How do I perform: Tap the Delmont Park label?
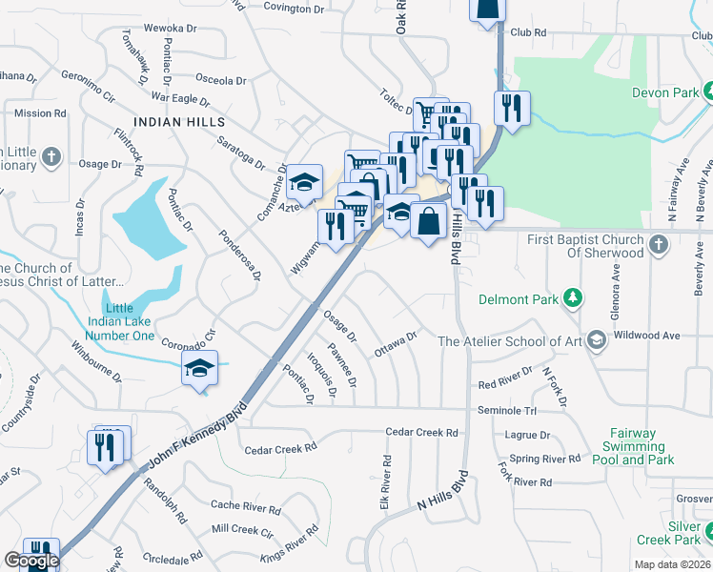pos(518,299)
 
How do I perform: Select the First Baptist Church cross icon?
pos(658,246)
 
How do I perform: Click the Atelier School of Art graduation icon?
pos(596,340)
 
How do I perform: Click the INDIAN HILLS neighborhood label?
pos(180,122)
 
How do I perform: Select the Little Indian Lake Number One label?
pos(118,321)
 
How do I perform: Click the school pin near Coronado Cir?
pos(200,369)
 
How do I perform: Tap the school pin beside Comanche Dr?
pos(304,182)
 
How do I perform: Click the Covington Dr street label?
pos(293,9)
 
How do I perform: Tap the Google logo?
pos(31,562)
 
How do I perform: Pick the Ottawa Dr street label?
pos(397,343)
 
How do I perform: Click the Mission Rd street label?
pos(40,113)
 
